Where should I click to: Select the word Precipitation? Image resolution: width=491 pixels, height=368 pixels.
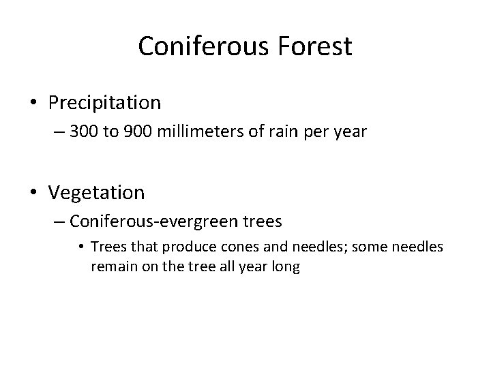point(104,103)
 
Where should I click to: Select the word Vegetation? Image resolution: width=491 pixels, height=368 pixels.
point(97,193)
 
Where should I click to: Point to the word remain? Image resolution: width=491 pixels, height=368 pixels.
point(111,266)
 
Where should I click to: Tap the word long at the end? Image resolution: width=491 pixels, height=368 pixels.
point(286,266)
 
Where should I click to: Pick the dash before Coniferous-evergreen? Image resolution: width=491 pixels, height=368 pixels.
point(58,222)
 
